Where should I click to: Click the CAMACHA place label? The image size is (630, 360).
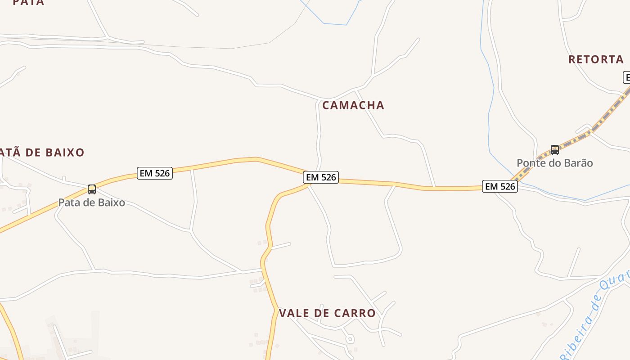(x=353, y=105)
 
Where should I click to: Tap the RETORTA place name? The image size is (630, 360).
(x=596, y=59)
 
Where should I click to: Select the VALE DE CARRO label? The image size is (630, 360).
(x=327, y=313)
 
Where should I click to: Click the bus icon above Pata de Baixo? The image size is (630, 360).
(x=92, y=189)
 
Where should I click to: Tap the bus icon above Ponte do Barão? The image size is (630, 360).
(x=555, y=150)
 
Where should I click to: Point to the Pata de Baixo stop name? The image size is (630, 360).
(x=92, y=202)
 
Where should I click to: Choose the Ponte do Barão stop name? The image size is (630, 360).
(x=555, y=163)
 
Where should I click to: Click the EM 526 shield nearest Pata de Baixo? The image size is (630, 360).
(x=155, y=173)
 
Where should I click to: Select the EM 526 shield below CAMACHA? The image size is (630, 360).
(x=321, y=177)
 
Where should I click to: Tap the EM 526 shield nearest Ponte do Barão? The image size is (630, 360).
(x=500, y=186)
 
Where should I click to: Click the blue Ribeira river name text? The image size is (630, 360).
(x=594, y=315)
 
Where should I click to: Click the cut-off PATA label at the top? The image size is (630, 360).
(x=28, y=2)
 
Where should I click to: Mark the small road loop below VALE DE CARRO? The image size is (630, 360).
(x=349, y=338)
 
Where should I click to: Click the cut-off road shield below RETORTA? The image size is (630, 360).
(x=626, y=77)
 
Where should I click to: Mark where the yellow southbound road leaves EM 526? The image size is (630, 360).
(x=307, y=185)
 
